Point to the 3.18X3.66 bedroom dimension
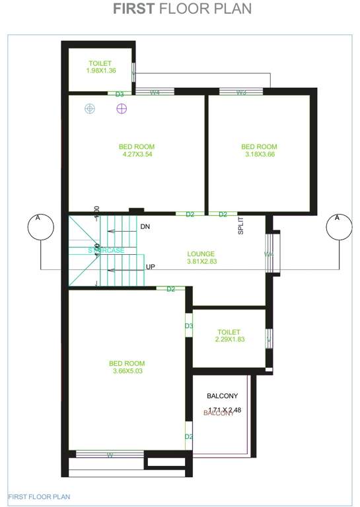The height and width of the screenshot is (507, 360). click(259, 154)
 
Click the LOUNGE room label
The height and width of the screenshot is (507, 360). click(201, 253)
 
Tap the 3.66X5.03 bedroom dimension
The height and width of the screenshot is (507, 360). click(127, 371)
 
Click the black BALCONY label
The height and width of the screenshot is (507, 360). click(222, 396)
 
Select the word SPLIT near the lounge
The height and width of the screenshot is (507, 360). click(241, 226)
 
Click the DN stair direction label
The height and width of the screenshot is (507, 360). click(146, 227)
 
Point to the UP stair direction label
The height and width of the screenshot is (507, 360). click(151, 267)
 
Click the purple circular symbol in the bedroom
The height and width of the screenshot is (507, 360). click(121, 108)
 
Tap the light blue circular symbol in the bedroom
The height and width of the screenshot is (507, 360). click(90, 108)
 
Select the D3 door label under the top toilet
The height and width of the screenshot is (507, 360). click(120, 94)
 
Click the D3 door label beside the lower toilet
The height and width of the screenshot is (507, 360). click(188, 326)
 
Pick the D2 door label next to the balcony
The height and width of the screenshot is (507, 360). click(188, 437)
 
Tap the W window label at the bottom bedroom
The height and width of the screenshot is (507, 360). click(110, 454)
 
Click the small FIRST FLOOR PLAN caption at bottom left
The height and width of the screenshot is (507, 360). click(39, 496)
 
